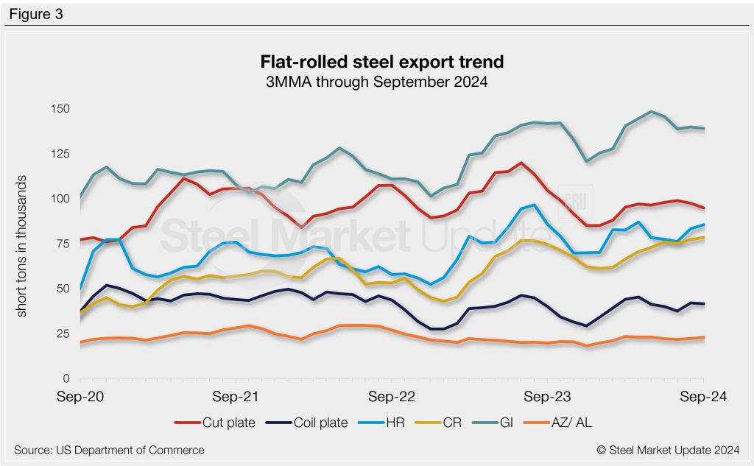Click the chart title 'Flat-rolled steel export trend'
(376, 60)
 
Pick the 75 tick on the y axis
(62, 244)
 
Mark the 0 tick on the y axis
(65, 378)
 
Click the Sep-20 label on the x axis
(80, 397)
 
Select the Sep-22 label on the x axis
(392, 397)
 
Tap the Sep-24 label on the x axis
(703, 397)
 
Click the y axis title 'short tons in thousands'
(22, 246)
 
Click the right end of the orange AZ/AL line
(704, 337)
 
